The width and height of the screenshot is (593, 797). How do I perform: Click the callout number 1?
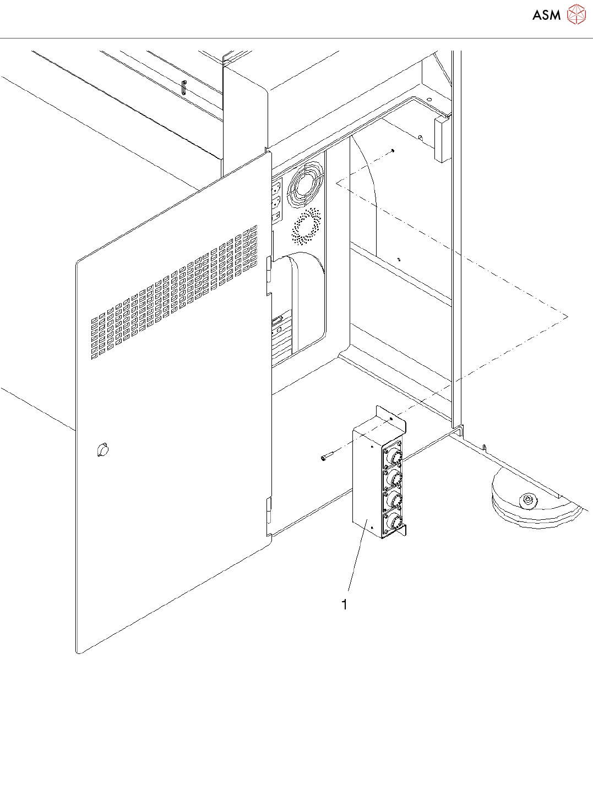345,604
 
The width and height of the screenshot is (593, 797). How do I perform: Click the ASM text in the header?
546,15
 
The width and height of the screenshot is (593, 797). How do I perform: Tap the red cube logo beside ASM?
576,15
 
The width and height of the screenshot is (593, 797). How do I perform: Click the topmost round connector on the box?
394,456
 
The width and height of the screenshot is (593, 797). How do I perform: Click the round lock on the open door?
102,450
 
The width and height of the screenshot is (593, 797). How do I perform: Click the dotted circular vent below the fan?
306,226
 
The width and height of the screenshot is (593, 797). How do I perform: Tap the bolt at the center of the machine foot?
527,499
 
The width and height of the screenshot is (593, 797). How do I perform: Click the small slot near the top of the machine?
184,87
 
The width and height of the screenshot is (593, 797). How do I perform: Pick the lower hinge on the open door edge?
269,510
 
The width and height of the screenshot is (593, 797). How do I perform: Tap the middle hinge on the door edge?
269,275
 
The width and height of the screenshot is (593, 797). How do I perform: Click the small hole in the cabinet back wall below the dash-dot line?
399,259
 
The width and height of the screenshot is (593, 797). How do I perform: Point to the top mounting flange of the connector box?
391,417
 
